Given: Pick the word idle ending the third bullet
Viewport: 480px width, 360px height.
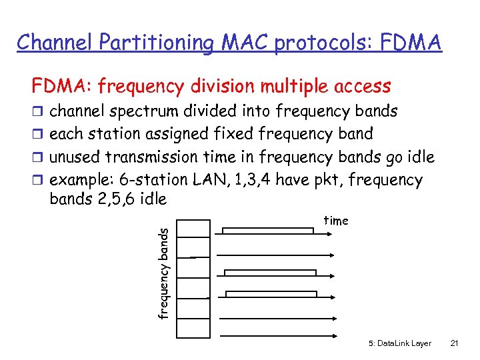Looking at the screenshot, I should (419, 157).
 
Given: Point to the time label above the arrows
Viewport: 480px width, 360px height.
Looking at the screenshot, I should (335, 221).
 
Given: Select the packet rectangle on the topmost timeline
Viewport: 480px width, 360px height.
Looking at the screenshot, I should (267, 231).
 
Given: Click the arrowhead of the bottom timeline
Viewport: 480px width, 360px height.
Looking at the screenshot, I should (335, 335).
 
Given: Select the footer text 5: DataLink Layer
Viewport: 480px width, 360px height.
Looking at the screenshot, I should (399, 343).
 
